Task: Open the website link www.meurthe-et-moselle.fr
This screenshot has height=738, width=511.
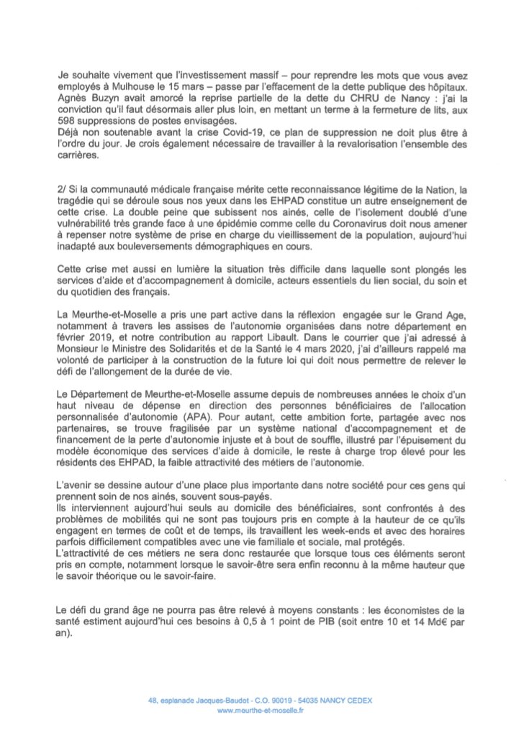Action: [260, 711]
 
